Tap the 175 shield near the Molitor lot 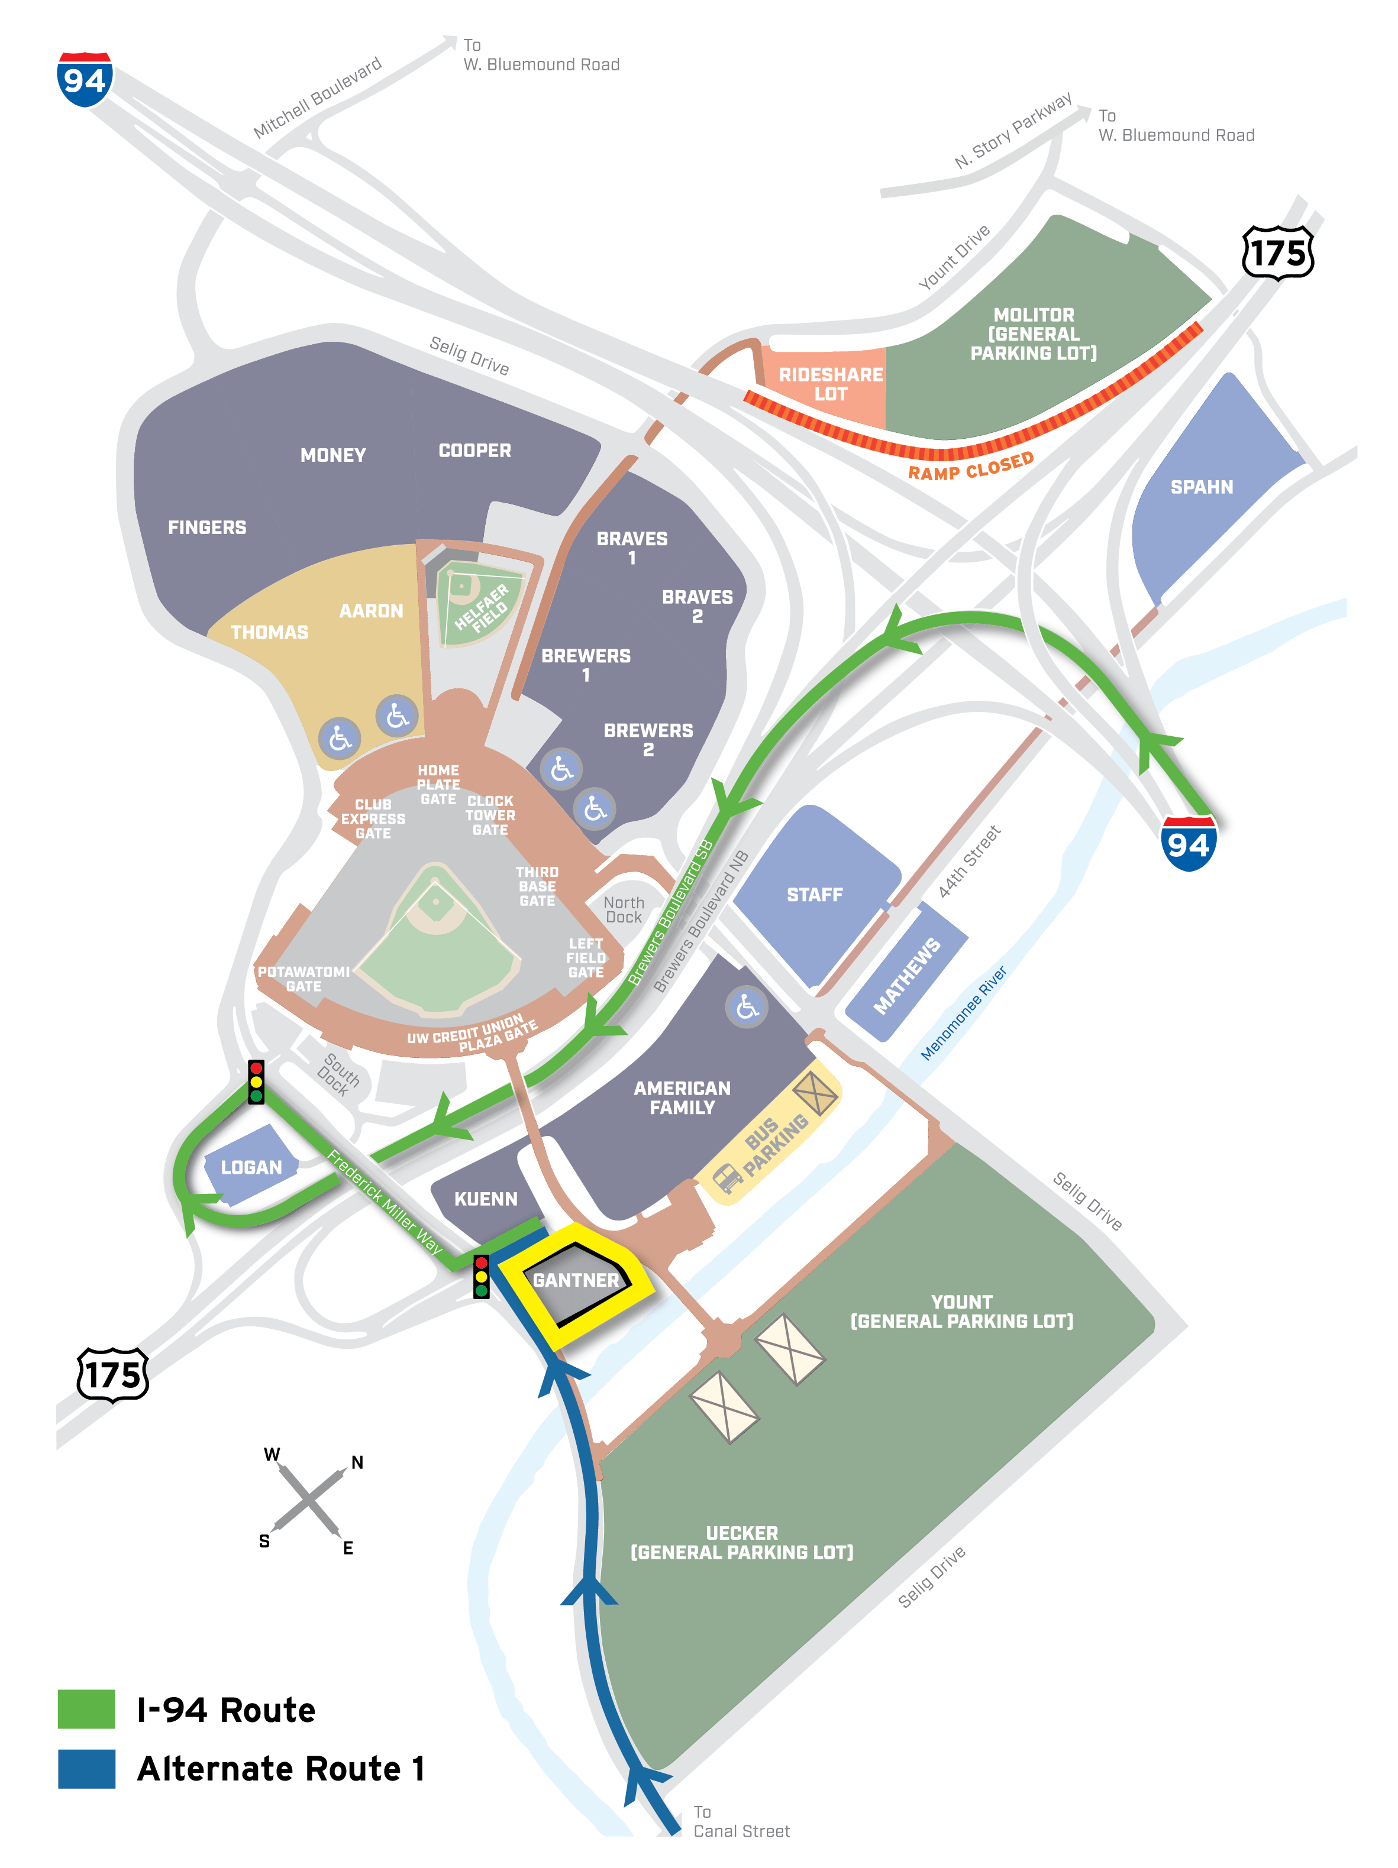1277,252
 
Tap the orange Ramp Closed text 971,466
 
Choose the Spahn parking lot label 1201,487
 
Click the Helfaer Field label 482,606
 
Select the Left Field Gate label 586,957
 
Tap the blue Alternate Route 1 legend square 86,1768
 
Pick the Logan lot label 251,1168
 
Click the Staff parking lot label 814,894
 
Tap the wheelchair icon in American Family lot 747,1006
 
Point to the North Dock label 624,909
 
